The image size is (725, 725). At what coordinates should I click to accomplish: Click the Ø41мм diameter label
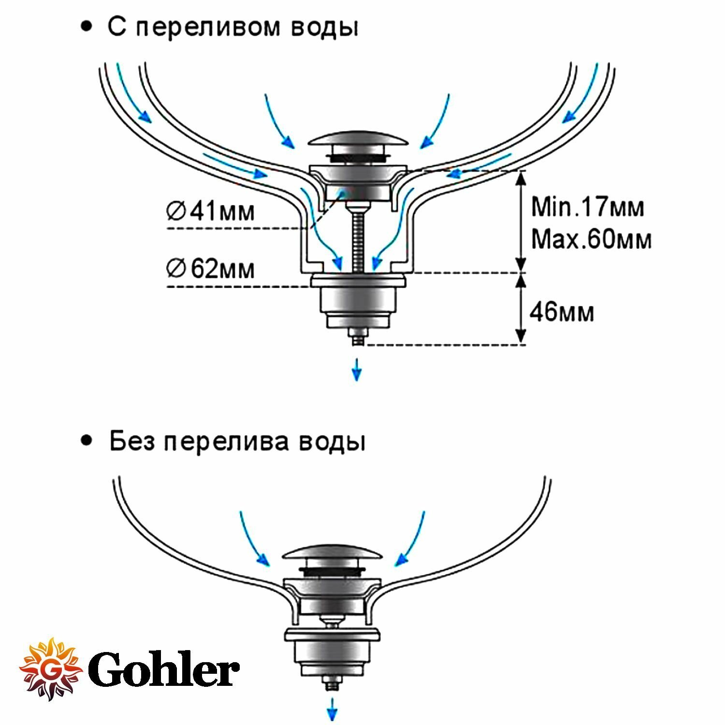coord(210,212)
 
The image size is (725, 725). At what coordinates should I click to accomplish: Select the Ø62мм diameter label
coord(210,269)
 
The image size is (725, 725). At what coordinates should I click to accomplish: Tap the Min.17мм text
coord(587,207)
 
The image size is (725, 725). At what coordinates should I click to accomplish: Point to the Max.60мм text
coord(591,239)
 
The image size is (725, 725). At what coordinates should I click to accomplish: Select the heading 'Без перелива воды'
coord(237,442)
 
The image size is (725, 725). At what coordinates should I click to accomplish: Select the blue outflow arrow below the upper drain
coord(356,369)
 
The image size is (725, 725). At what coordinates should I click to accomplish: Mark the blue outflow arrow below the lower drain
coord(332,710)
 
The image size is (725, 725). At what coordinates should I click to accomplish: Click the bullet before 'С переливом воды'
coord(87,28)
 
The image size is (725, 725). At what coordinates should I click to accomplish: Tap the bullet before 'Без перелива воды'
coord(87,441)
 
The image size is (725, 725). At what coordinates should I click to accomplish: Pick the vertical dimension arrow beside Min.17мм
coord(521,221)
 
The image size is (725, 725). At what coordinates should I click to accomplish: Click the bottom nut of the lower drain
coord(332,685)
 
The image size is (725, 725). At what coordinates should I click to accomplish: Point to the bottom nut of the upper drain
coord(357,335)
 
